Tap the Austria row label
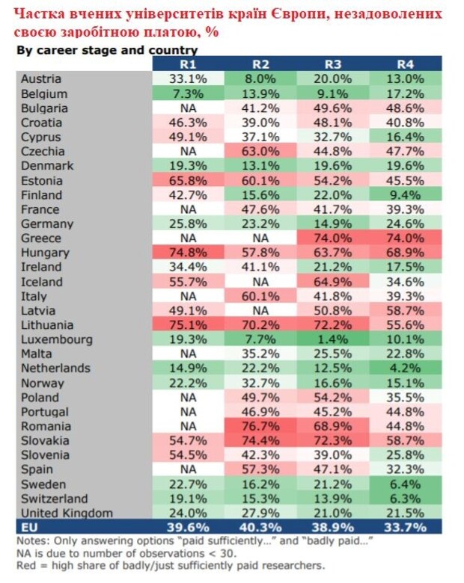coord(41,79)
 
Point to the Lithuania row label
coord(47,325)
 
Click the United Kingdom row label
coord(67,513)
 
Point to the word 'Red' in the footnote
coord(28,565)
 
